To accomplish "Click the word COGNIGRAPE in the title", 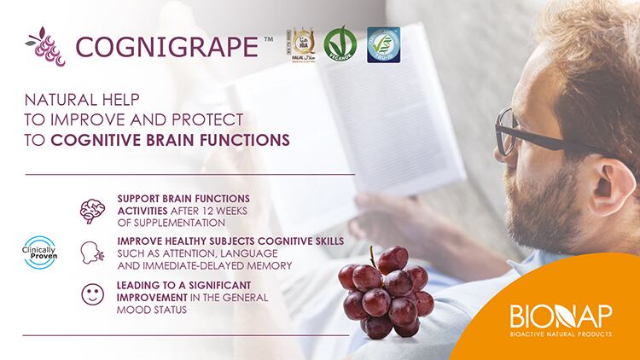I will (167, 45).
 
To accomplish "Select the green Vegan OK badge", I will (340, 44).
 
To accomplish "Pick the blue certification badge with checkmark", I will (382, 44).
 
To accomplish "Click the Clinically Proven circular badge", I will (39, 252).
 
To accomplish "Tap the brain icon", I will (93, 210).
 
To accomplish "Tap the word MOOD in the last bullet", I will (135, 310).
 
